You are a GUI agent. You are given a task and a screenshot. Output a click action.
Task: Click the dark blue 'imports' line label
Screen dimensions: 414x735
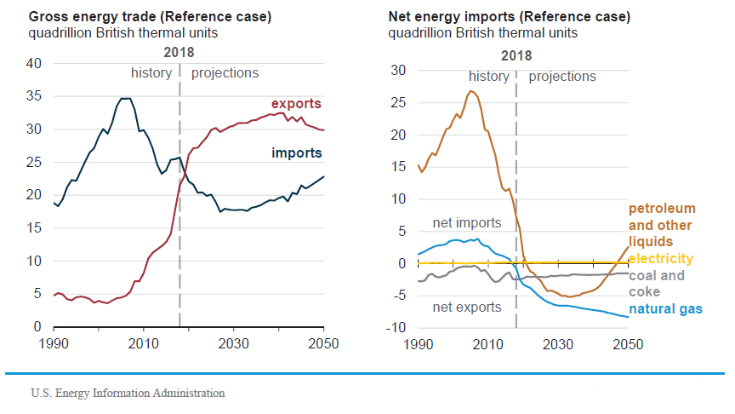coord(297,153)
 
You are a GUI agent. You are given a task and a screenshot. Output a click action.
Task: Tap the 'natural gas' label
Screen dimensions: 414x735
coord(665,308)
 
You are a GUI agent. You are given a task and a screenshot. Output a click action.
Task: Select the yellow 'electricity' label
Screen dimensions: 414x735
coord(661,258)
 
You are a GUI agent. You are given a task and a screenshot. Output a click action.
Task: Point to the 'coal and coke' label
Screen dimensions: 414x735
coord(656,283)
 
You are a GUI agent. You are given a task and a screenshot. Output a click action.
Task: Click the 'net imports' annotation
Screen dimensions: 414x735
coord(467,223)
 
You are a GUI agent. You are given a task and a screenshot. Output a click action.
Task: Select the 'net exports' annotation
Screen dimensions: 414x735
coord(467,307)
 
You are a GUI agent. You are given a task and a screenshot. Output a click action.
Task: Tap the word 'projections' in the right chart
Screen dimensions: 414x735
coord(562,76)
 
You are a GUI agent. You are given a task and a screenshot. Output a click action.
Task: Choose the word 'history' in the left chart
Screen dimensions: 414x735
coord(151,73)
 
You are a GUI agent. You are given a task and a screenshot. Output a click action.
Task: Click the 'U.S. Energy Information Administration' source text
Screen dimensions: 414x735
coord(128,393)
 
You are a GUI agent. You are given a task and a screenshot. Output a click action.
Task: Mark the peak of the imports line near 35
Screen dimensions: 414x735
coord(125,99)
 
